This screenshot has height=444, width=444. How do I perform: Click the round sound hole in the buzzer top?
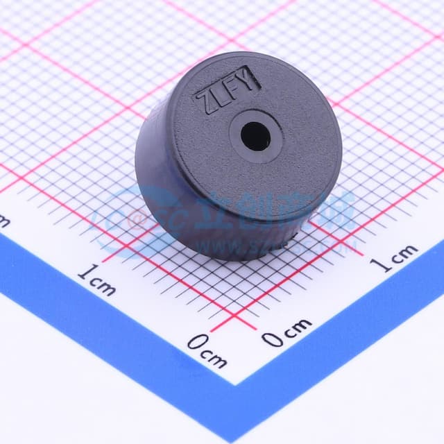coord(256,135)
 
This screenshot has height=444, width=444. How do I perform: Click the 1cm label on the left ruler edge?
coord(96,280)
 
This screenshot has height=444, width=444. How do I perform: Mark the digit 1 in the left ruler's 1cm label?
coord(82,273)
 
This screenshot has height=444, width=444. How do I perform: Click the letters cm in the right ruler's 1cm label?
coord(402,255)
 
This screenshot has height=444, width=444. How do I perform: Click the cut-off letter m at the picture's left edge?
coord(3,221)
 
